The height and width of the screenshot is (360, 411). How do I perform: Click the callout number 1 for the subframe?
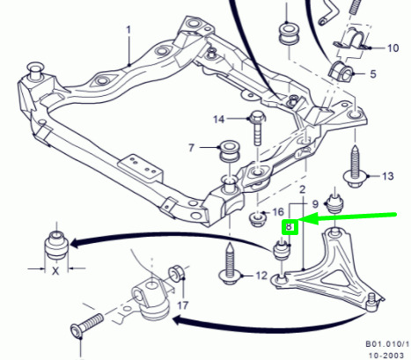click(x=128, y=30)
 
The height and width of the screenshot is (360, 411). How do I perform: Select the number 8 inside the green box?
click(x=290, y=227)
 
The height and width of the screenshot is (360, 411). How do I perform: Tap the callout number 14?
click(x=219, y=120)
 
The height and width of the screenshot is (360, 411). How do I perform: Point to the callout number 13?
click(x=388, y=176)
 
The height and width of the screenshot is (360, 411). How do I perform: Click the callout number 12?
click(x=261, y=276)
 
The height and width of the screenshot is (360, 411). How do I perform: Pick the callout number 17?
click(x=182, y=305)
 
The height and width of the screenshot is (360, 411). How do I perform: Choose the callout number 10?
click(x=393, y=48)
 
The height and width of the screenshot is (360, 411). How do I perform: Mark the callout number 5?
click(x=373, y=74)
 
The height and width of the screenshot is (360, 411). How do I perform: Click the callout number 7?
click(x=191, y=148)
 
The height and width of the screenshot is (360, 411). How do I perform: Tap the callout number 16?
click(x=278, y=212)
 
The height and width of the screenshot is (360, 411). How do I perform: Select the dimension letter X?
click(x=55, y=271)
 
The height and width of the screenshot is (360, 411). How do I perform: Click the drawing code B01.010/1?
click(x=387, y=343)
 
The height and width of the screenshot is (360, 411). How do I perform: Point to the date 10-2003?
click(x=386, y=356)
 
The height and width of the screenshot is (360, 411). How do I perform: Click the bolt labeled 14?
click(x=257, y=128)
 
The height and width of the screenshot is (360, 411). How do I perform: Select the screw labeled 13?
click(x=355, y=166)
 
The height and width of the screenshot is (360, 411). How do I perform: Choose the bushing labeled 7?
click(x=230, y=151)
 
